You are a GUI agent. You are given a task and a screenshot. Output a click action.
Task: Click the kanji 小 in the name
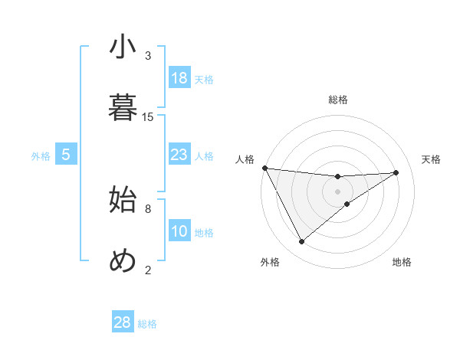point(123,47)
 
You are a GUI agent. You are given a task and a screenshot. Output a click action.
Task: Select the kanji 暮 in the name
point(123,108)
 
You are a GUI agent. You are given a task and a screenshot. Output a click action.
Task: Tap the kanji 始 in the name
point(123,200)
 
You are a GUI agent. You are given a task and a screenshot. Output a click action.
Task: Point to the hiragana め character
point(123,261)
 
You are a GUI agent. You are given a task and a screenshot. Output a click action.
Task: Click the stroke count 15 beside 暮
point(148,116)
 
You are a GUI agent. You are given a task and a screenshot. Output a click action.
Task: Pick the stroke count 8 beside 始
point(148,208)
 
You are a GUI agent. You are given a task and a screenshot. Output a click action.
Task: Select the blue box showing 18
point(179,78)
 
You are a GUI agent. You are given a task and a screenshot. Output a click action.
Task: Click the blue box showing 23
point(179,155)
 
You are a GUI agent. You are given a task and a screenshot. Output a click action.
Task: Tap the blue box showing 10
point(179,231)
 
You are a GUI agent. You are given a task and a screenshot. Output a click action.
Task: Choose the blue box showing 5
point(66,155)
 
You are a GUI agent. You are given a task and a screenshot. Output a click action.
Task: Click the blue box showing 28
point(123,322)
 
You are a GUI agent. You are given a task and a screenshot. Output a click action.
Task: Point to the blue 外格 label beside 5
point(41,156)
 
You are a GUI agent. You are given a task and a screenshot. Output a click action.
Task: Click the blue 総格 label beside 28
point(147,324)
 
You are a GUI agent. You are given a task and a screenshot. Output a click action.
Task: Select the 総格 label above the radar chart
point(338,100)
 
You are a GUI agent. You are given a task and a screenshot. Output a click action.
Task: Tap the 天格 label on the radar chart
point(432,159)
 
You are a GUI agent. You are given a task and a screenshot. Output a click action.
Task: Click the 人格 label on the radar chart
point(245,159)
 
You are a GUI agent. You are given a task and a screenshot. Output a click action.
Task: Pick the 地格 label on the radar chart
point(402,262)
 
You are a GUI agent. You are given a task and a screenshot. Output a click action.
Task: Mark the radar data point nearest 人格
point(264,168)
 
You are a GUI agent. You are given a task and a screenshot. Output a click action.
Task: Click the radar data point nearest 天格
point(396,172)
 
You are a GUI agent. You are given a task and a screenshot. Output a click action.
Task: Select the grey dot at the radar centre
point(338,191)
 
